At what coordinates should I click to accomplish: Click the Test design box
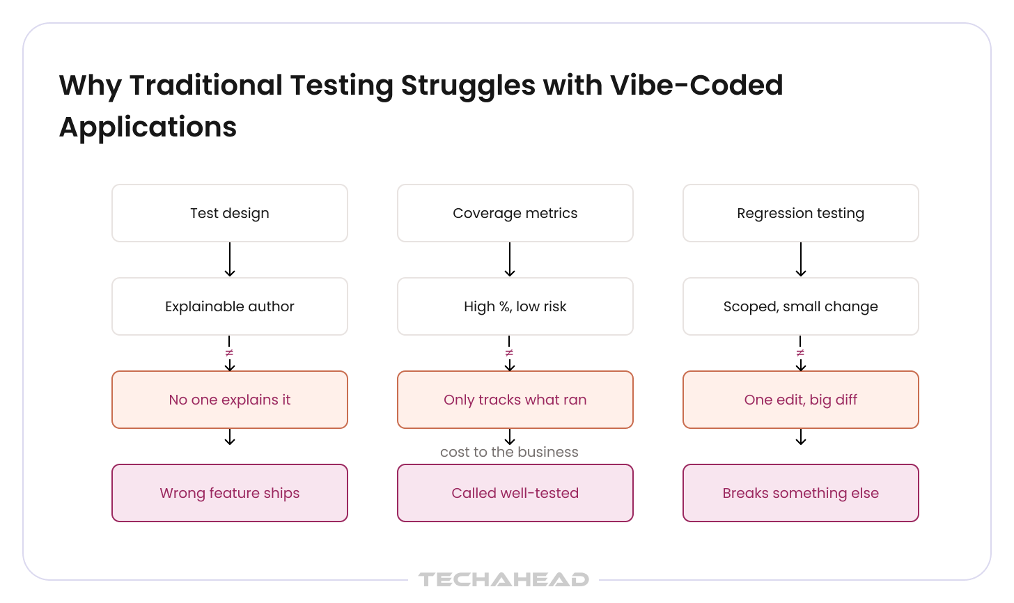(230, 213)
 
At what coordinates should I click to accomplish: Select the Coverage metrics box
(515, 213)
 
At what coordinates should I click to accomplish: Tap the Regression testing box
(801, 213)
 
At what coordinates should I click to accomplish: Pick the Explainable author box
(230, 306)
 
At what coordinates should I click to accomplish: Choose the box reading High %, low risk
(515, 306)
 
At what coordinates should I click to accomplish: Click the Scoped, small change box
(801, 306)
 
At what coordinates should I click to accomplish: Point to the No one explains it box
(230, 400)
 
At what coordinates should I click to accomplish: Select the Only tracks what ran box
(515, 400)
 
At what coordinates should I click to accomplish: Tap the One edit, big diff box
(801, 400)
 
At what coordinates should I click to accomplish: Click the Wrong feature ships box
(230, 493)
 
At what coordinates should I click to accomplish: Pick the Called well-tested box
(515, 493)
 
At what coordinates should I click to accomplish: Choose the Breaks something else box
(801, 493)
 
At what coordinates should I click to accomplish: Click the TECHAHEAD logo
(504, 579)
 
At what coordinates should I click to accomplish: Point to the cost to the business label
(509, 452)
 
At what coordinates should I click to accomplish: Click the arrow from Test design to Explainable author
(230, 260)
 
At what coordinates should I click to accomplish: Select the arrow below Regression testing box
(801, 260)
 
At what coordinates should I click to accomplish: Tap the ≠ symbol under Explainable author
(229, 352)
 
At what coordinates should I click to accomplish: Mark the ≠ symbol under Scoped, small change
(800, 352)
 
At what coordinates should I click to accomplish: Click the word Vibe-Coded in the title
(696, 85)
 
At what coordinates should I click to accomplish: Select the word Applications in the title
(148, 127)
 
